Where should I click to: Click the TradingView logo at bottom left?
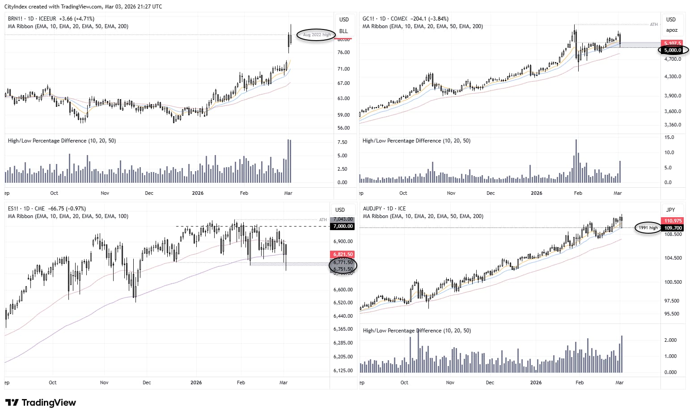click(41, 403)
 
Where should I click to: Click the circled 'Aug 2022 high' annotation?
click(317, 35)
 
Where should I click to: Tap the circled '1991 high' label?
click(648, 228)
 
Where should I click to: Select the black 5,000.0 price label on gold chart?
click(673, 50)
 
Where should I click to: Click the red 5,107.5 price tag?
click(673, 43)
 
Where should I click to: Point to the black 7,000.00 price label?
click(343, 227)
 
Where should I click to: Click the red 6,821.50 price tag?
click(343, 254)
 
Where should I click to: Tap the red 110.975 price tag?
click(673, 221)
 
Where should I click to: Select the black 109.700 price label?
click(673, 228)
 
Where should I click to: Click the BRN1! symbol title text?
click(16, 19)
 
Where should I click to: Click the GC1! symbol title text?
click(369, 19)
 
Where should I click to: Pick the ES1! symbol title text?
click(14, 209)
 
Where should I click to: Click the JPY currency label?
click(670, 210)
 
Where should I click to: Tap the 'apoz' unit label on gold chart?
click(672, 30)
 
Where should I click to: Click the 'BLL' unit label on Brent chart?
click(343, 31)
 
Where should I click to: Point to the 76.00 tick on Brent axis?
click(343, 52)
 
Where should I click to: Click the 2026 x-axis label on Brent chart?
click(197, 193)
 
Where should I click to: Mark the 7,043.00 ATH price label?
click(343, 219)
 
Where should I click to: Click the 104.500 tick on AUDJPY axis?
click(673, 258)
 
